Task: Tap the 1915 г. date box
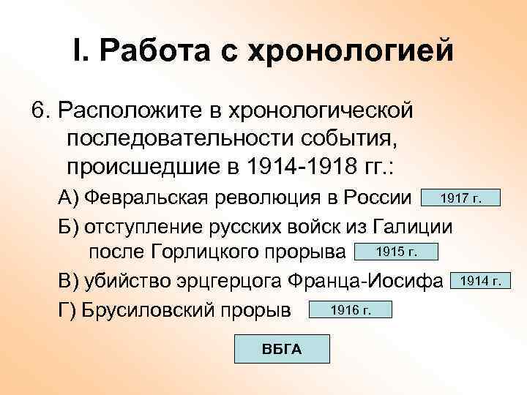[395, 252]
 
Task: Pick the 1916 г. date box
[351, 309]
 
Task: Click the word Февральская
[149, 198]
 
